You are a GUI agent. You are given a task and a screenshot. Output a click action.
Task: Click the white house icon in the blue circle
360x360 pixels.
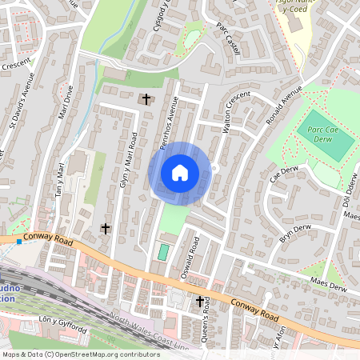180,172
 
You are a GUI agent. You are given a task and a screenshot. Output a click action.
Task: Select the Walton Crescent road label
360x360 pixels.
238,112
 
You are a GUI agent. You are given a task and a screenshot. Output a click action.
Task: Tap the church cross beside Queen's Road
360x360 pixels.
200,301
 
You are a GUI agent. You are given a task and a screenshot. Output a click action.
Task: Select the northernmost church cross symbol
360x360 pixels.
146,99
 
